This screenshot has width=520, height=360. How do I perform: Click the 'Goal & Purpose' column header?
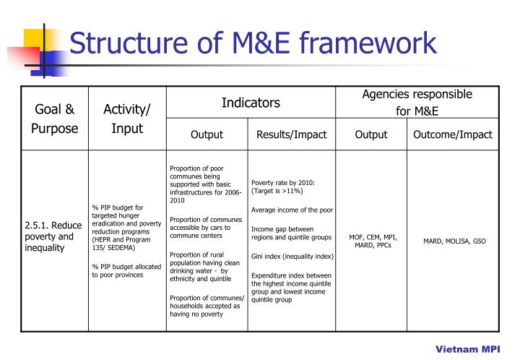55,119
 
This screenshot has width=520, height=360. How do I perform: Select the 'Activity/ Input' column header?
127,119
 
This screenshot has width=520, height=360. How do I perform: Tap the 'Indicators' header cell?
251,103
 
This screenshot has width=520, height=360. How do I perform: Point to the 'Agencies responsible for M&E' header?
417,103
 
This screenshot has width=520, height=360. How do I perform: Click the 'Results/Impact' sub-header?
292,134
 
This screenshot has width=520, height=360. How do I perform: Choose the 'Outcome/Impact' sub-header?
452,134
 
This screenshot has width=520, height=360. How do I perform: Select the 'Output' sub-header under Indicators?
207,134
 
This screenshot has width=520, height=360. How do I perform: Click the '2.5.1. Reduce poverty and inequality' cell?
53,236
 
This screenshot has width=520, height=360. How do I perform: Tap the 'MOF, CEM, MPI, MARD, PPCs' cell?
373,241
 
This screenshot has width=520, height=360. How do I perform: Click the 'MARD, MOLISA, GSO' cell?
454,241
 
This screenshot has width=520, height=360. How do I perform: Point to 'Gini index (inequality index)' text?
292,257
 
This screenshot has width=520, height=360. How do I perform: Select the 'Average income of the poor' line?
292,210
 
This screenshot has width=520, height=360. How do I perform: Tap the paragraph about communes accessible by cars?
205,228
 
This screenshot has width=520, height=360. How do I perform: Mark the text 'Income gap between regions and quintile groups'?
291,233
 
